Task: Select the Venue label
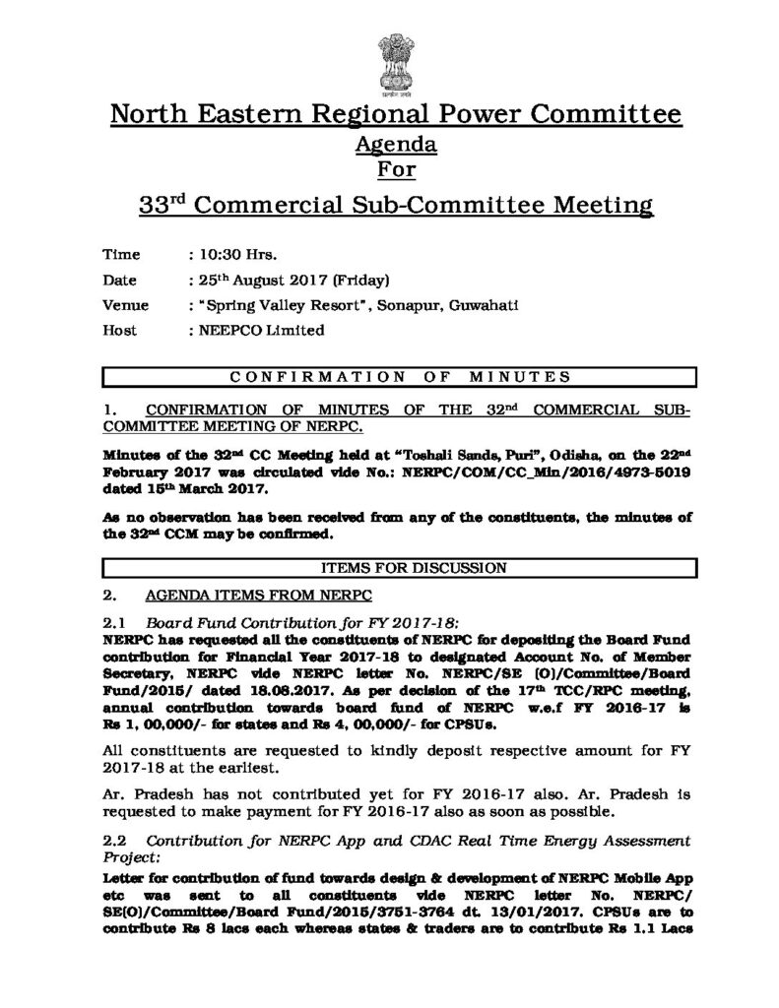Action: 126,305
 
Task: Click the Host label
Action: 121,331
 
